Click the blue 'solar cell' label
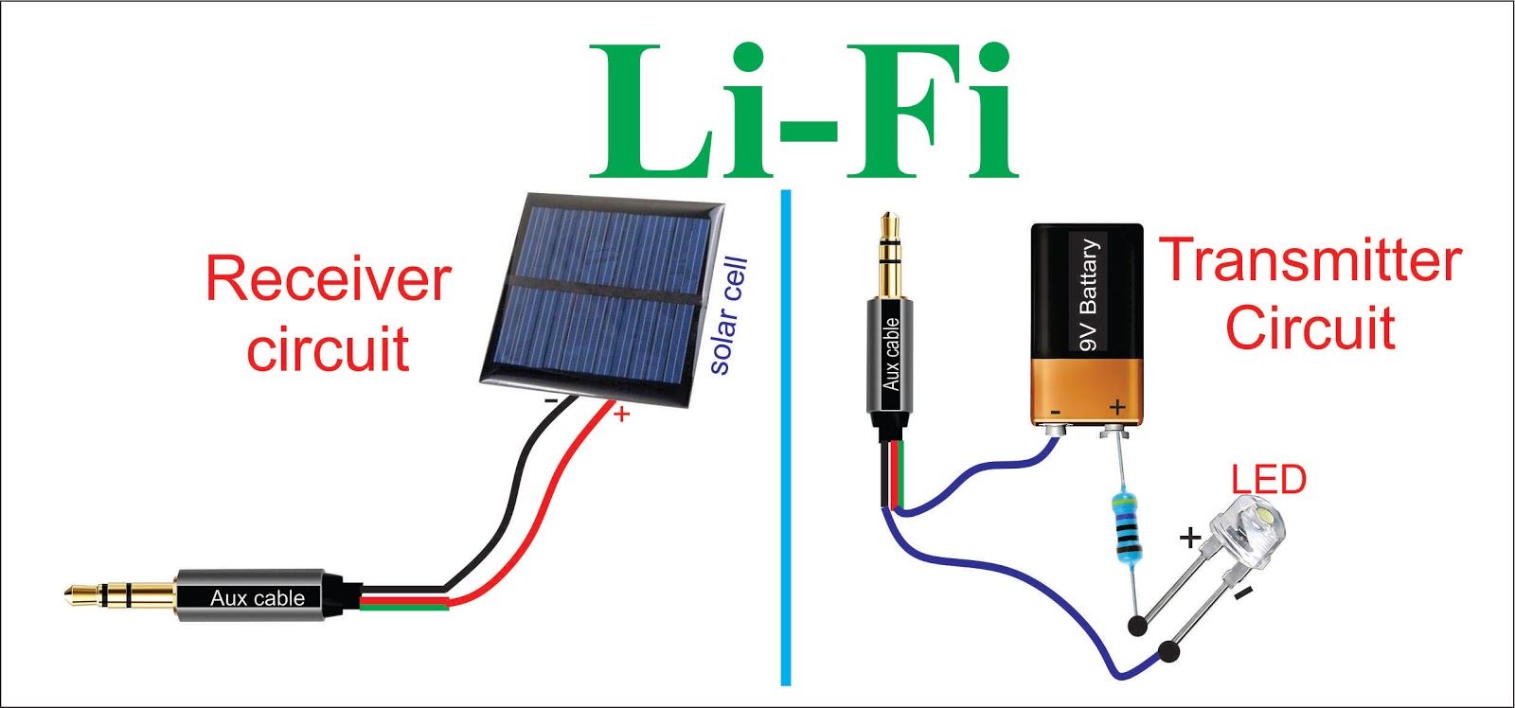point(729,315)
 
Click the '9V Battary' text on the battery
point(1088,294)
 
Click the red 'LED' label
point(1268,480)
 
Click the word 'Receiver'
point(328,279)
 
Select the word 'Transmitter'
point(1310,260)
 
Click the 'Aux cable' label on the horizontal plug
point(257,598)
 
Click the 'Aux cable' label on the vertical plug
point(891,354)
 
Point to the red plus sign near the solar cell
point(621,414)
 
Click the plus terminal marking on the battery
point(1117,407)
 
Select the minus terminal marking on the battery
point(1055,412)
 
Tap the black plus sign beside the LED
point(1189,538)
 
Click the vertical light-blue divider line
point(786,435)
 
